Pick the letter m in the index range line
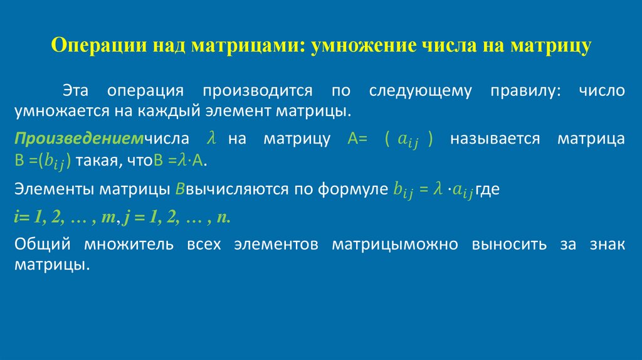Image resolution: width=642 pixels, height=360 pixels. (x=108, y=217)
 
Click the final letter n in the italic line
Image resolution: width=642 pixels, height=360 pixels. (x=221, y=217)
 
